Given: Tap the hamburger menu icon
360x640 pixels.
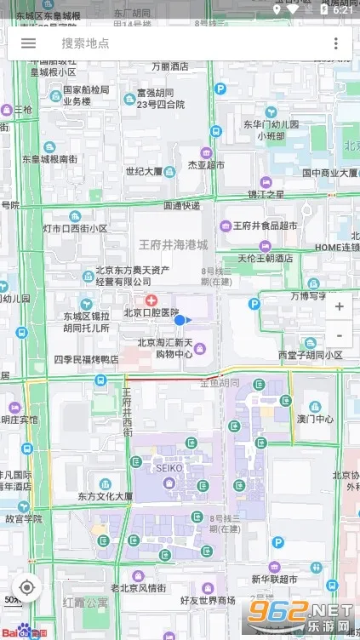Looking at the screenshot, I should (28, 43).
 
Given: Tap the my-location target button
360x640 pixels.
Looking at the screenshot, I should (27, 587).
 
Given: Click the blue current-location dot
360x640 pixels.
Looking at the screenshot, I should (180, 320).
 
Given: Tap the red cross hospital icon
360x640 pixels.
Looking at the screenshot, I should (151, 300).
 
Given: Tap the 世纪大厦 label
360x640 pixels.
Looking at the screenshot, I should (144, 171).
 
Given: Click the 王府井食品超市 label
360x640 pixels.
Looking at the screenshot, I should (265, 226).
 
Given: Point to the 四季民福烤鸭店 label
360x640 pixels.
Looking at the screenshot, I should (86, 360).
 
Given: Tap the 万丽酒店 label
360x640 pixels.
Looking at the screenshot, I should (169, 66).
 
